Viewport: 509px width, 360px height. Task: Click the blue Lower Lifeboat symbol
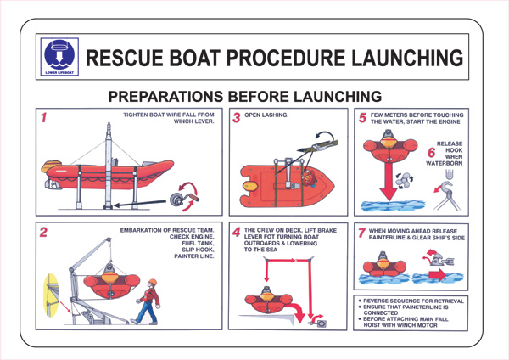59,57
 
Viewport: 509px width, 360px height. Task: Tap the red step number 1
42,118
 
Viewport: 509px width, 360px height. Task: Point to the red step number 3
238,119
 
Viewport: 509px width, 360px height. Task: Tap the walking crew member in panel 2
150,301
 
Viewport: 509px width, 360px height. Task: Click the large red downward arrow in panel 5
392,183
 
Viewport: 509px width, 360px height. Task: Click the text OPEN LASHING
267,115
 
